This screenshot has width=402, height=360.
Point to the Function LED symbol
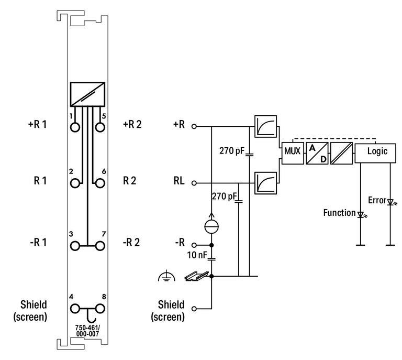pyautogui.click(x=360, y=214)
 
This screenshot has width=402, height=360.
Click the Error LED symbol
pyautogui.click(x=390, y=202)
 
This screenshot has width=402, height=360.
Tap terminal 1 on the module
pyautogui.click(x=76, y=127)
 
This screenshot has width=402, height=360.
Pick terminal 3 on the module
pyautogui.click(x=76, y=246)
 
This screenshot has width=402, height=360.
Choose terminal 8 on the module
pyautogui.click(x=99, y=308)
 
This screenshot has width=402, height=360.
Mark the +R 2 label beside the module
pyautogui.click(x=133, y=126)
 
